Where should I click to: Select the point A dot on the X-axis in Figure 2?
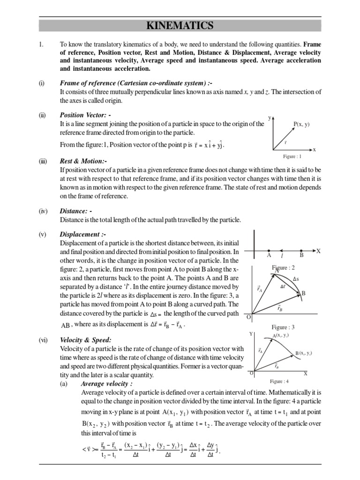(269, 251)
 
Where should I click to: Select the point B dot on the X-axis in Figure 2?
(301, 251)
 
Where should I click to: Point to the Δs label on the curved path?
(296, 279)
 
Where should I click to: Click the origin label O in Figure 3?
(249, 317)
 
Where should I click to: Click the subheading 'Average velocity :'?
(106, 383)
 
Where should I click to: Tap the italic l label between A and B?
(281, 256)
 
